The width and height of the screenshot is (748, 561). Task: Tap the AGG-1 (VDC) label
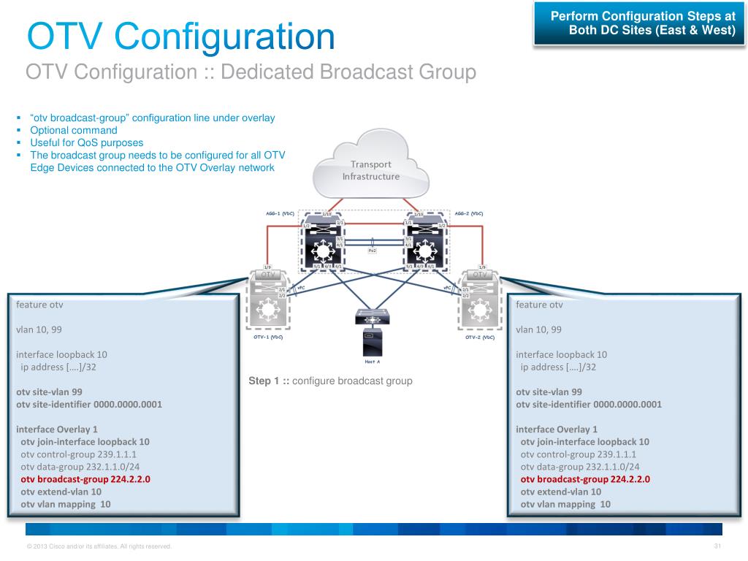click(278, 213)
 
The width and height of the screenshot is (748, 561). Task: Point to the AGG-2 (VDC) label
click(469, 213)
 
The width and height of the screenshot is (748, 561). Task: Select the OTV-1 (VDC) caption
click(263, 337)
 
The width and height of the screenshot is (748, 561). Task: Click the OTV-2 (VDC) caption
click(480, 337)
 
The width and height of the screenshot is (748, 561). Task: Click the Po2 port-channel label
click(372, 249)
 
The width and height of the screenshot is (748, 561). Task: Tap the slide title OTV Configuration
click(180, 37)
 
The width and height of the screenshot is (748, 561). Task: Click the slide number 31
click(717, 546)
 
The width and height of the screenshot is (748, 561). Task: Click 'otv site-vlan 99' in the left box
click(49, 392)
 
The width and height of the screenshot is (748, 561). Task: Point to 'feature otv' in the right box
click(539, 305)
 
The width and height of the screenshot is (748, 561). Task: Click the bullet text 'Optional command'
click(73, 130)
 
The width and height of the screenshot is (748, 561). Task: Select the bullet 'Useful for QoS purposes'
click(86, 142)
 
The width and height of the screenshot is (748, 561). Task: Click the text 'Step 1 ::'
click(269, 381)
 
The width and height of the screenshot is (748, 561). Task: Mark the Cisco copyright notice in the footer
click(99, 546)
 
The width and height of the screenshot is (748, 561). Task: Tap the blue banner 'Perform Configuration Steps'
click(642, 23)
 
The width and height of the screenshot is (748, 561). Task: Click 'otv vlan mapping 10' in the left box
click(65, 504)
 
